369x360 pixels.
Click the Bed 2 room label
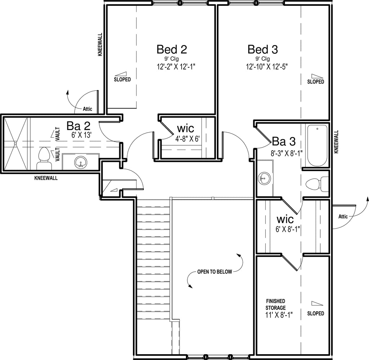pos(172,49)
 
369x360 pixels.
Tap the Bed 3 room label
pos(263,49)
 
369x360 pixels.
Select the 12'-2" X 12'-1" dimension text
pos(176,67)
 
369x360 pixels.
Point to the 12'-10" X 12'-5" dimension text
pos(267,67)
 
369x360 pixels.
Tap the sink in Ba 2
pos(81,163)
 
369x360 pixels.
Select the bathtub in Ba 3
pos(317,146)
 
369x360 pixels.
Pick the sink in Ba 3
pos(264,178)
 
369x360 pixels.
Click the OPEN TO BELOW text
pos(215,272)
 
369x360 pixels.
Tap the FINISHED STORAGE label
pos(276,305)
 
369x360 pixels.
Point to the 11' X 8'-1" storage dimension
pos(279,315)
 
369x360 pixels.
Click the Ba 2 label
pos(78,126)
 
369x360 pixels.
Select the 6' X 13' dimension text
pos(81,135)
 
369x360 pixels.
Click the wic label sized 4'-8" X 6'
pos(186,129)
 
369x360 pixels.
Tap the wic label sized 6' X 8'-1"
pos(285,219)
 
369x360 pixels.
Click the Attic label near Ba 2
pos(88,109)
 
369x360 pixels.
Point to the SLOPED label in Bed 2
pos(123,80)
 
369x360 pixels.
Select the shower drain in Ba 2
pos(15,143)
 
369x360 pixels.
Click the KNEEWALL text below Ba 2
pos(46,178)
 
